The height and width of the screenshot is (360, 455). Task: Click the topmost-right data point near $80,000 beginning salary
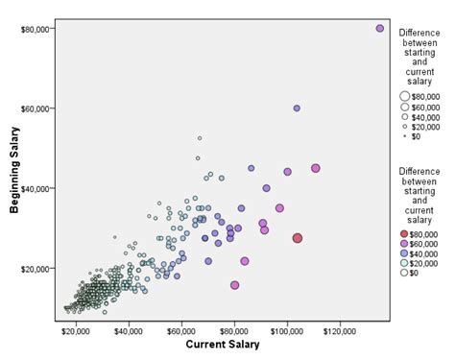click(380, 29)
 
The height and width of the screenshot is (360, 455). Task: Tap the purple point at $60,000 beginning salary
click(297, 108)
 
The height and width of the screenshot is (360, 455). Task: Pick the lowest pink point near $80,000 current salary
click(235, 285)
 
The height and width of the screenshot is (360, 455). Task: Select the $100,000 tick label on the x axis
click(287, 330)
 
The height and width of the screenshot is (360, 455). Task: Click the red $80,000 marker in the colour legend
click(406, 233)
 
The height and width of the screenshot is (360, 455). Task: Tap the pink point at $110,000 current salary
click(315, 168)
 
